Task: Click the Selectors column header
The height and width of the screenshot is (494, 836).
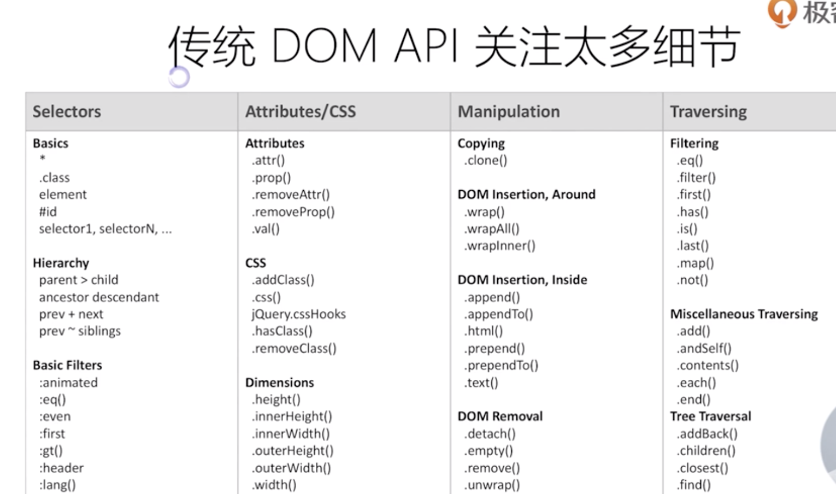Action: (x=67, y=111)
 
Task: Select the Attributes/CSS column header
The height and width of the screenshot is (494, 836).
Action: (x=301, y=111)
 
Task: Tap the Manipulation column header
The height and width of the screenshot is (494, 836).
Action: (x=509, y=111)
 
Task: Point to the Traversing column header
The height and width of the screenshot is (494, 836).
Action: (x=708, y=111)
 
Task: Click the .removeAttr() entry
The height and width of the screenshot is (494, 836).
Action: (x=291, y=195)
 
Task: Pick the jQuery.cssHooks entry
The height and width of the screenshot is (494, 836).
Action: (x=298, y=314)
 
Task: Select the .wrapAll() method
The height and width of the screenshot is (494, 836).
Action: (x=492, y=229)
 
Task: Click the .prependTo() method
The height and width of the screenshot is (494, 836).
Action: (x=501, y=366)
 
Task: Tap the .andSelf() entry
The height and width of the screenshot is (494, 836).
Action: (x=704, y=348)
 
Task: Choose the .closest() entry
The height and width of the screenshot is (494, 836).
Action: (x=702, y=468)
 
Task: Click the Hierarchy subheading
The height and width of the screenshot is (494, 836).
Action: (x=61, y=263)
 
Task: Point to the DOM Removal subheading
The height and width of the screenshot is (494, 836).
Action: (x=500, y=416)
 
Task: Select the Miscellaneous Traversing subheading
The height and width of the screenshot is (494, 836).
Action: (x=744, y=314)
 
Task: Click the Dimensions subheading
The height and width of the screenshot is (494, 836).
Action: (x=280, y=383)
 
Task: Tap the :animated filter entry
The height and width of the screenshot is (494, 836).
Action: (x=68, y=383)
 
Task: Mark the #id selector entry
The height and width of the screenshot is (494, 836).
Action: (x=48, y=212)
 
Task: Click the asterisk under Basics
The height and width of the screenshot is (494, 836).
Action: (x=42, y=159)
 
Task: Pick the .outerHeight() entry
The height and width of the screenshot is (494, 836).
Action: (x=292, y=451)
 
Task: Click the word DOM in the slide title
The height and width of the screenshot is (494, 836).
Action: (x=323, y=46)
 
